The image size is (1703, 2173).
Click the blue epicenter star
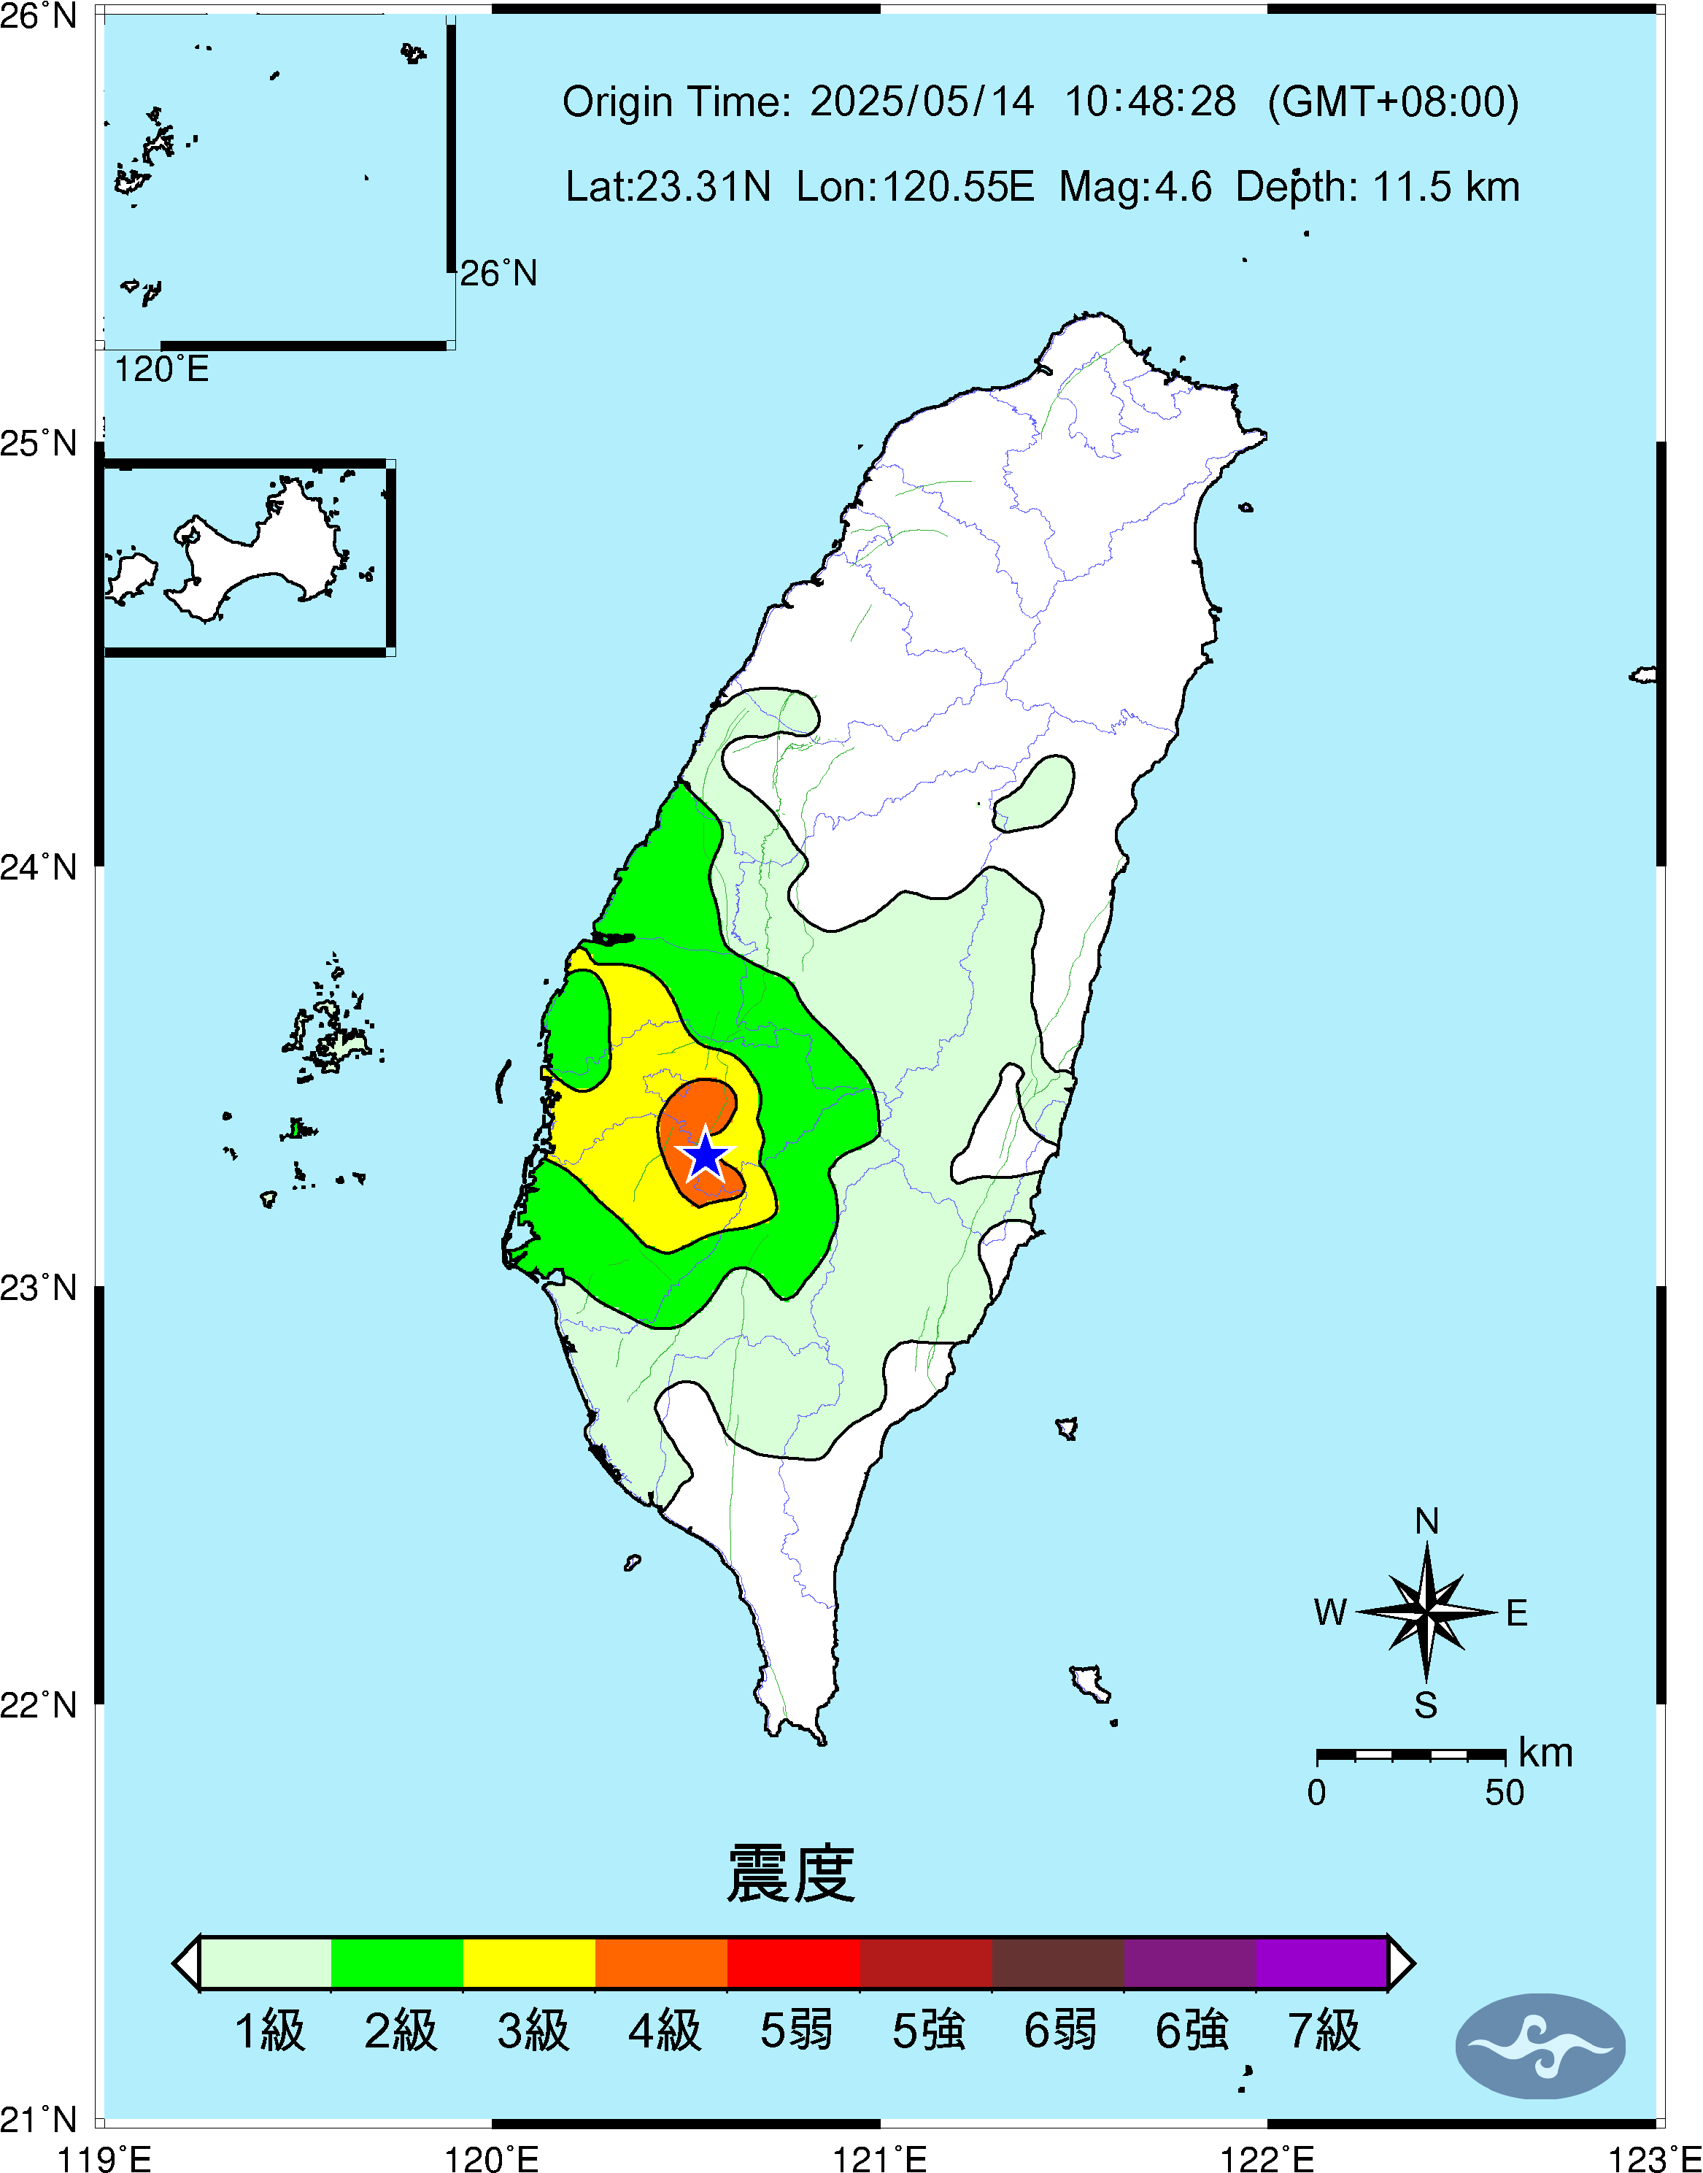705,1155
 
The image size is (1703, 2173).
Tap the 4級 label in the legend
664,2031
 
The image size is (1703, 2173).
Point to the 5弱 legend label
795,2031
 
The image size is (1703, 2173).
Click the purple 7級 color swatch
1321,1963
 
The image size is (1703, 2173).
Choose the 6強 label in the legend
1192,2031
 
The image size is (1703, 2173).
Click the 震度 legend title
791,1874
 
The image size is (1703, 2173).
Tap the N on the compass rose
1426,1520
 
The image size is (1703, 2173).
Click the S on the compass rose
1426,1704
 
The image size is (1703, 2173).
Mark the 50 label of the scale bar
1504,1792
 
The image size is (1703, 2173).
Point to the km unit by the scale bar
1545,1752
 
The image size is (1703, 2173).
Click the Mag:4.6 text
1135,186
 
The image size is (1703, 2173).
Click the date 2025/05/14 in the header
922,101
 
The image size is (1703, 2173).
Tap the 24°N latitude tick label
39,866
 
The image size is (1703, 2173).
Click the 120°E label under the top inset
161,370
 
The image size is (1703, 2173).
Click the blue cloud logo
1540,2045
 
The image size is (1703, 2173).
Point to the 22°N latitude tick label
39,1704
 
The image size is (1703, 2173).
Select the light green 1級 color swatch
265,1963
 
